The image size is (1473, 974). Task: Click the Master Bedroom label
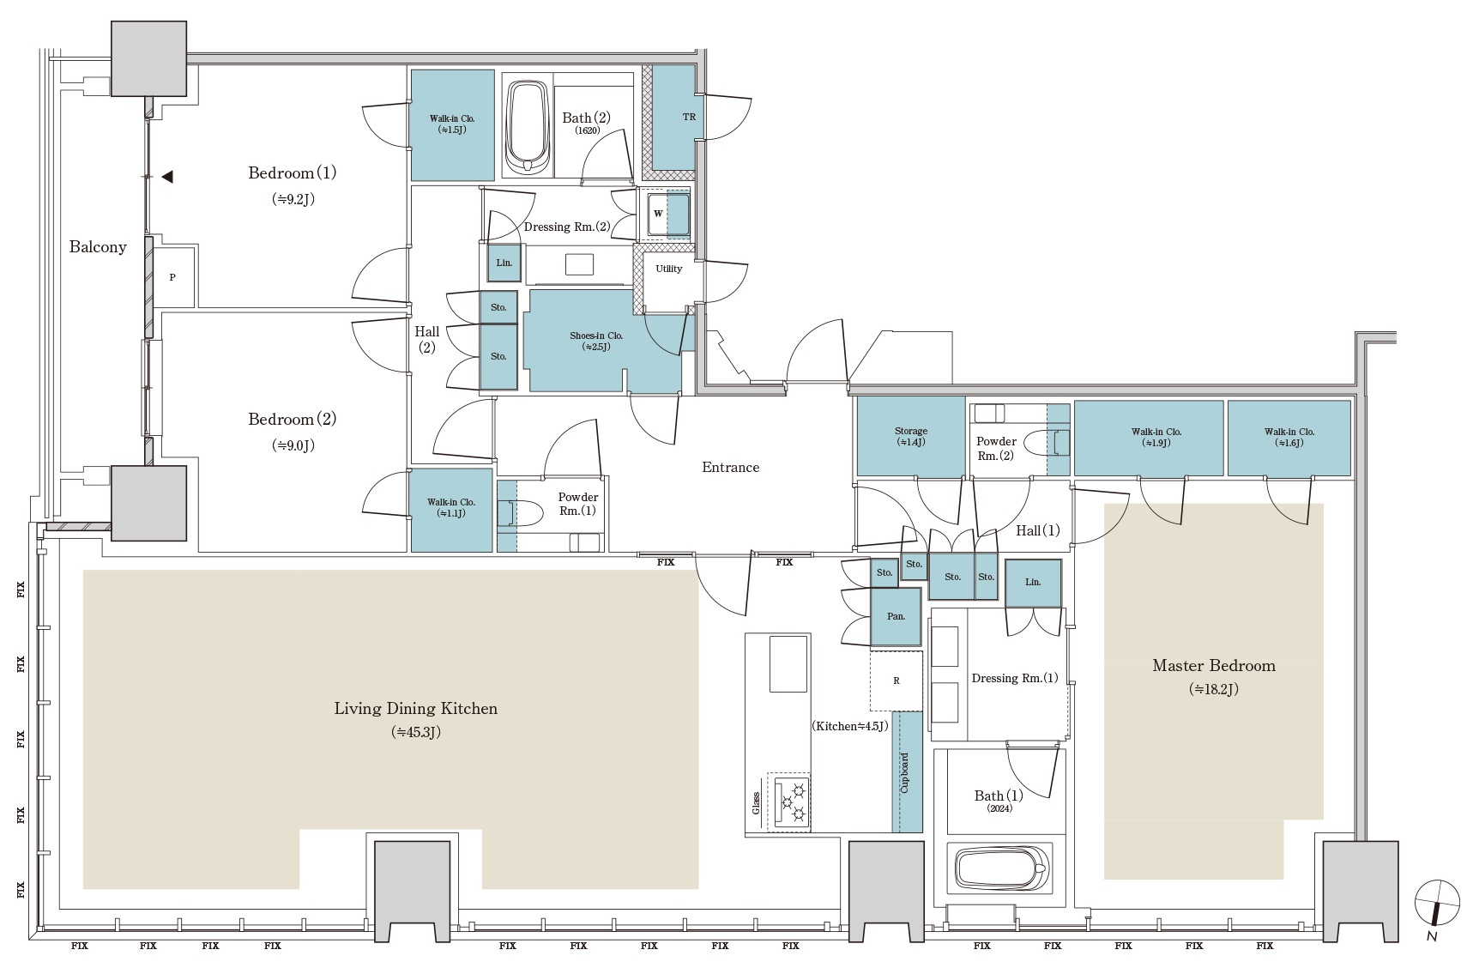click(x=1213, y=665)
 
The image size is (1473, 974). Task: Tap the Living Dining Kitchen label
click(x=416, y=709)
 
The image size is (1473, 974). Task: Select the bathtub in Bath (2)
click(x=527, y=127)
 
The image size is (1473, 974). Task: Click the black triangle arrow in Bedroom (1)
click(x=167, y=177)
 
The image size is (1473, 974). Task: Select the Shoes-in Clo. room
click(x=601, y=342)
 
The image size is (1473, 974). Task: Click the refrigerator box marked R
click(x=896, y=681)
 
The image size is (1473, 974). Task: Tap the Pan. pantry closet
click(x=896, y=616)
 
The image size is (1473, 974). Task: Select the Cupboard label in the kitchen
click(x=905, y=772)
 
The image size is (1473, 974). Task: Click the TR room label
click(x=689, y=117)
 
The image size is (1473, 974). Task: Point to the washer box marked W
click(x=658, y=214)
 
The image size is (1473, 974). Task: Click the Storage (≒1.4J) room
click(x=910, y=436)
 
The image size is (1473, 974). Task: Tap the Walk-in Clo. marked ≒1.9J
click(x=1149, y=438)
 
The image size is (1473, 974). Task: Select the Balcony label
click(x=98, y=247)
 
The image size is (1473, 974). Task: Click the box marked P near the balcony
click(x=172, y=277)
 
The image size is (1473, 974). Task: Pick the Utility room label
click(x=669, y=269)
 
